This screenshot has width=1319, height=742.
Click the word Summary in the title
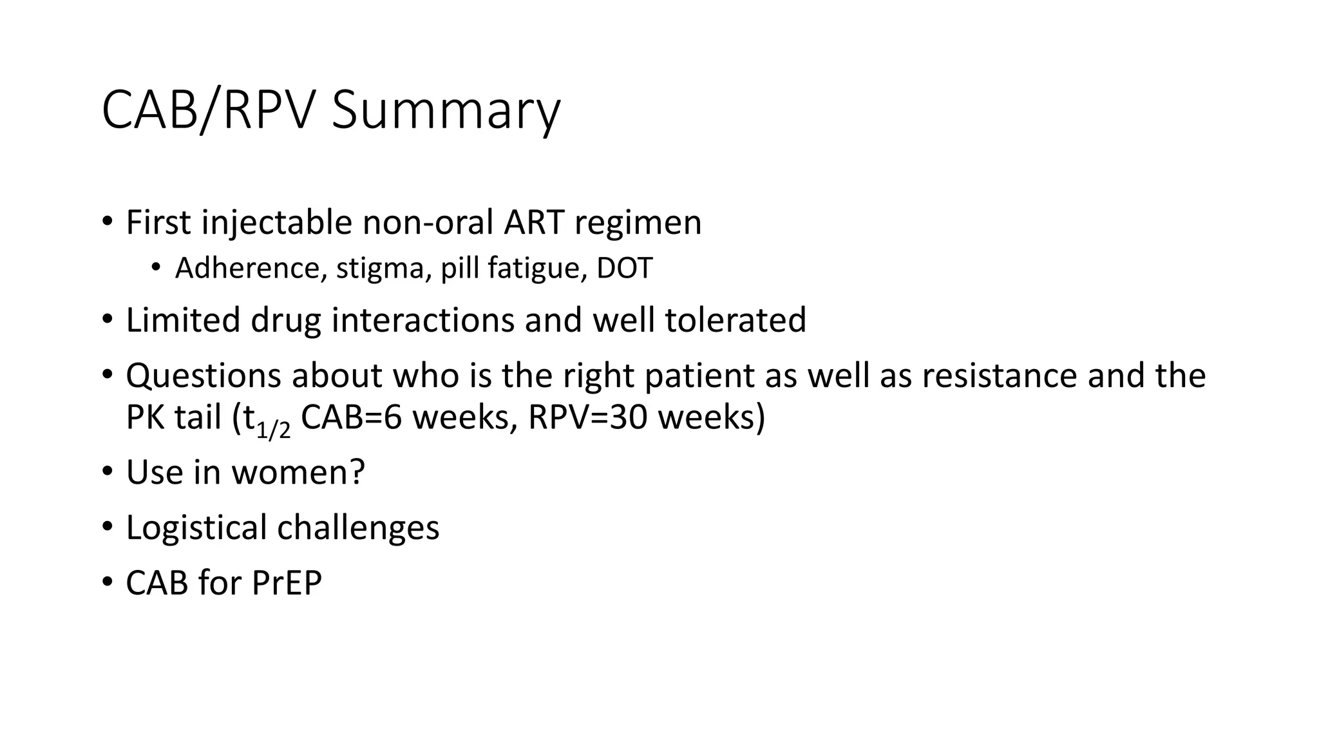[x=446, y=111]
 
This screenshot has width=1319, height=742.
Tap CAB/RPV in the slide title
[x=208, y=111]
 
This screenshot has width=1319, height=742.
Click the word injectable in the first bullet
[x=276, y=223]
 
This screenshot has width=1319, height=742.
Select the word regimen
[x=638, y=223]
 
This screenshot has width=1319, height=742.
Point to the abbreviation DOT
[x=624, y=269]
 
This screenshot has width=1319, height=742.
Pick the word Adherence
[x=247, y=269]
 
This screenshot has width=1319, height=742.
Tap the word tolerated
[x=735, y=320]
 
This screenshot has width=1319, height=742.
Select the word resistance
[x=999, y=376]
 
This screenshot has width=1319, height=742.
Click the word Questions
[x=204, y=376]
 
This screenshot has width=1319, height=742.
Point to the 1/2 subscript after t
[x=274, y=428]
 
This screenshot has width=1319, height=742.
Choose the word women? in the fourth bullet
[x=298, y=473]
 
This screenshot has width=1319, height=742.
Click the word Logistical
[x=196, y=528]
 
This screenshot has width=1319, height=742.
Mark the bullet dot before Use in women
[x=107, y=471]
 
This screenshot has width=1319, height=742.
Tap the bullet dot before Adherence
[x=156, y=267]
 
